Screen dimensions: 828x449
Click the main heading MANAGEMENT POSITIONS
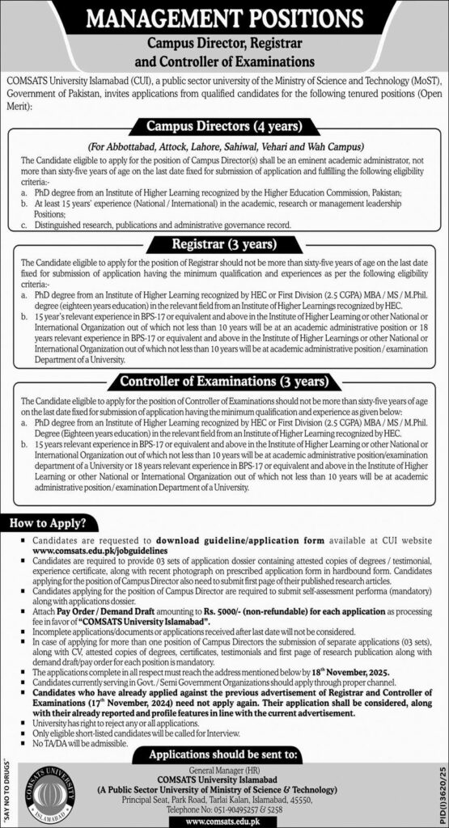click(224, 16)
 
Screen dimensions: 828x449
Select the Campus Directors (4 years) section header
click(224, 126)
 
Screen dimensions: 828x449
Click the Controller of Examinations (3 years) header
click(224, 381)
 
